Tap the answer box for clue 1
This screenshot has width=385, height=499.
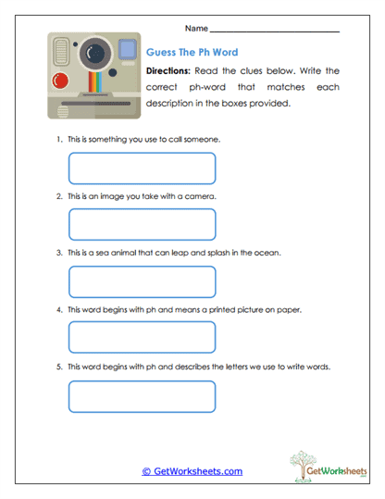(x=142, y=168)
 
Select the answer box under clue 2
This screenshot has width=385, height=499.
(x=142, y=224)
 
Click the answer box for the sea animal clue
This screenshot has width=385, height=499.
(x=142, y=281)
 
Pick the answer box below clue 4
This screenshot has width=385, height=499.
(x=142, y=338)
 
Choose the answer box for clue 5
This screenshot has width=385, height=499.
(x=142, y=395)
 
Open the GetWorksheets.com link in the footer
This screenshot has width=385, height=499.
(x=192, y=471)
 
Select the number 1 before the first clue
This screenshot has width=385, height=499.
(x=57, y=139)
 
